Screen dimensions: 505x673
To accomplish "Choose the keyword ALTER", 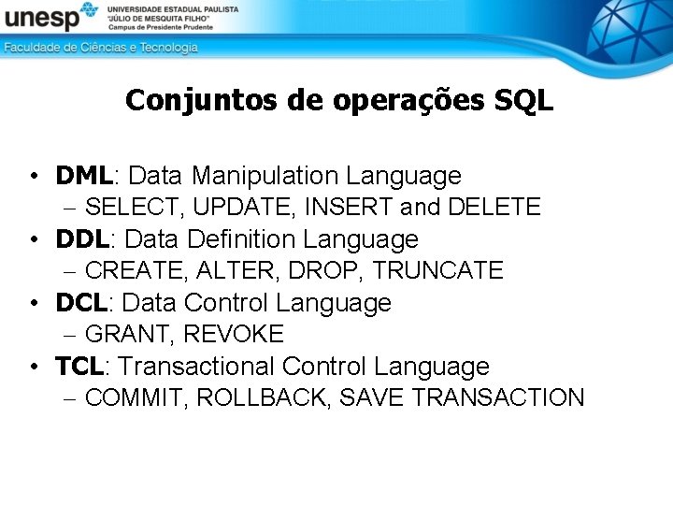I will click(237, 270).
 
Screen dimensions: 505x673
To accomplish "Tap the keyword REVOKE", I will click(234, 334).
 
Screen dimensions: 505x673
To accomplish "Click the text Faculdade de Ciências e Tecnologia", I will click(101, 47).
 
